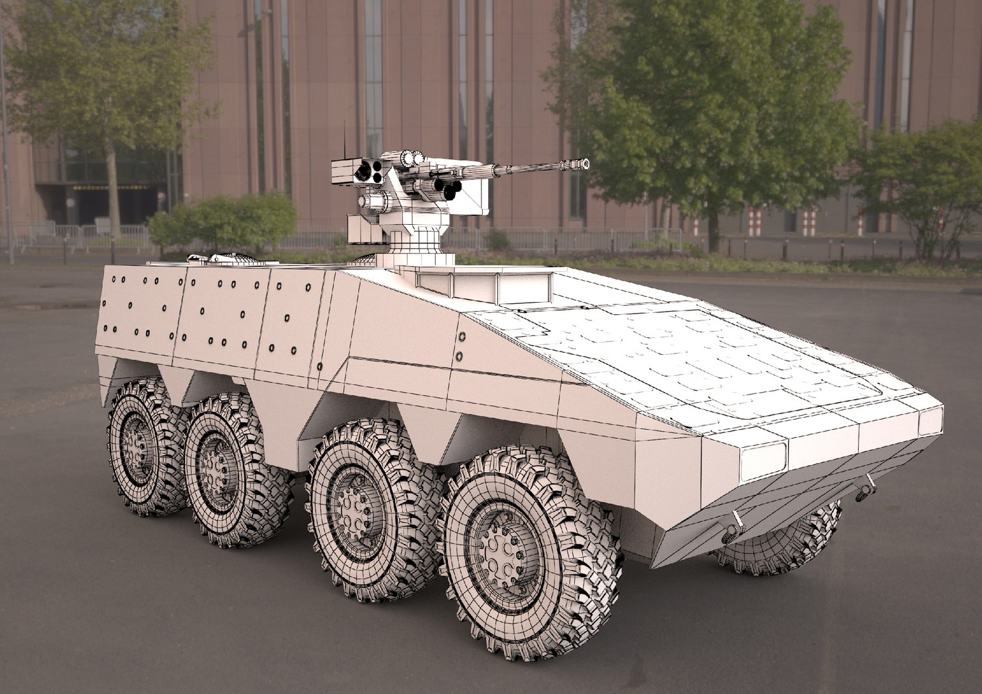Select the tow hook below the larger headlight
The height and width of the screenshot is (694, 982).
(731, 530)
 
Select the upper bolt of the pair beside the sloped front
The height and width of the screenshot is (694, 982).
(461, 337)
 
